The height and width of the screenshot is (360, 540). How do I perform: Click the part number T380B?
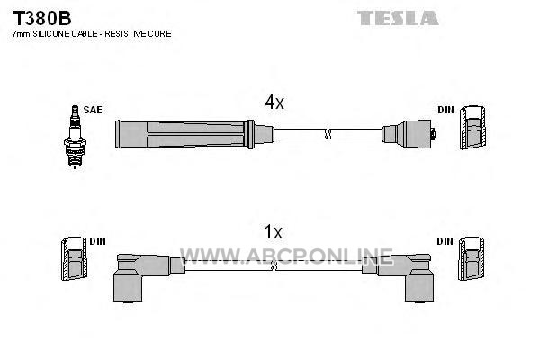(x=42, y=18)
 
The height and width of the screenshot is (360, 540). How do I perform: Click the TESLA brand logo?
(x=398, y=18)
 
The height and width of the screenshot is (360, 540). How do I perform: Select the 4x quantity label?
(x=274, y=102)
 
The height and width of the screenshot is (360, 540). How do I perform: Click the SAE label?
(x=93, y=110)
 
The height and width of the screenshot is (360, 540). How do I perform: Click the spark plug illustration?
(x=75, y=137)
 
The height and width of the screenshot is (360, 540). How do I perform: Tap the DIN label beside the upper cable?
(x=445, y=110)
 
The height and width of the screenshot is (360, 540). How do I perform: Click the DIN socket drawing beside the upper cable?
(x=472, y=128)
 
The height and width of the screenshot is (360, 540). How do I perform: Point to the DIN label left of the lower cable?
(x=97, y=241)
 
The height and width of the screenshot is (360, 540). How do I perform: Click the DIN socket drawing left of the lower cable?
(x=74, y=258)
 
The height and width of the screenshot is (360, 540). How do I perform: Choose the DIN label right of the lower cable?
(x=445, y=241)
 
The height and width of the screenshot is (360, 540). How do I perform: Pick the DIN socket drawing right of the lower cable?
(x=471, y=258)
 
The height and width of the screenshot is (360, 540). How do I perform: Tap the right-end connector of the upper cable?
(x=409, y=134)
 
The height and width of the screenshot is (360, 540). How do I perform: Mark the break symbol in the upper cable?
(x=328, y=134)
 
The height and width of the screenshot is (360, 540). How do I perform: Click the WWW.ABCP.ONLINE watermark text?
(x=286, y=256)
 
